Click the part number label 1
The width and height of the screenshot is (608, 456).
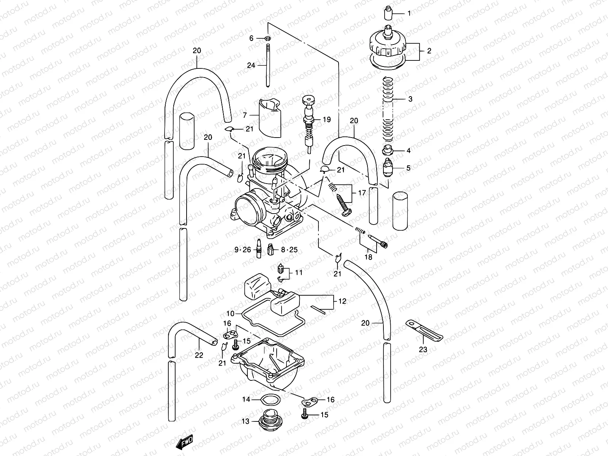click(409, 14)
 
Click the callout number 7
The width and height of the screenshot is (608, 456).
click(245, 114)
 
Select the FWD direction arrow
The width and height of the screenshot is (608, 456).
click(185, 442)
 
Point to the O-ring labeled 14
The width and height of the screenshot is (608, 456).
click(270, 400)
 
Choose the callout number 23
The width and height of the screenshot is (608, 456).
click(423, 350)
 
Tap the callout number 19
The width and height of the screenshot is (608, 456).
click(327, 119)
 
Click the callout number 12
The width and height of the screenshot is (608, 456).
click(342, 301)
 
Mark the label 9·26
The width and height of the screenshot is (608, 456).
click(243, 250)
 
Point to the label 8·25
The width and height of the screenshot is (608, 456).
click(289, 250)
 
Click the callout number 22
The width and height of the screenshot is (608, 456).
click(199, 355)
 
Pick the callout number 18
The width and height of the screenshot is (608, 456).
click(368, 257)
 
